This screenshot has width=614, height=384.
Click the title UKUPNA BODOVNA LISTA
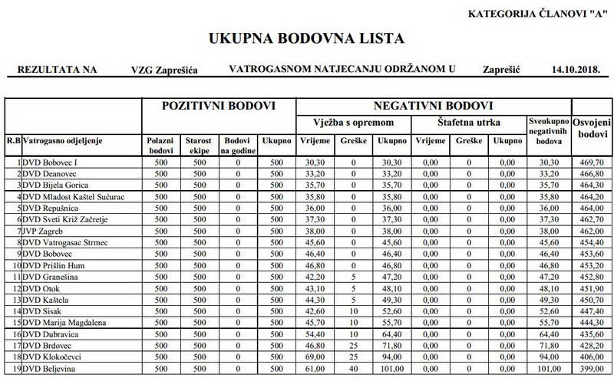pos(306,38)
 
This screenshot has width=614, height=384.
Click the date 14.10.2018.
pos(574,70)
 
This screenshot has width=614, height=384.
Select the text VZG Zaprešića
pos(164,70)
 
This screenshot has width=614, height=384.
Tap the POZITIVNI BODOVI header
pos(218,106)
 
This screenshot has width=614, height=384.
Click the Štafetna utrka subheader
pos(469,123)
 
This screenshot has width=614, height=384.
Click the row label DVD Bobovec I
pos(51,162)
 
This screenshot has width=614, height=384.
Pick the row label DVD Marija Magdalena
pos(64,323)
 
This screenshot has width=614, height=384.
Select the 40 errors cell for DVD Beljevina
pos(354,369)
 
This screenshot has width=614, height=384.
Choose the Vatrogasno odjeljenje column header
pos(63,141)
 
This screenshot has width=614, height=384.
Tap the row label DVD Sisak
pos(43,312)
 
